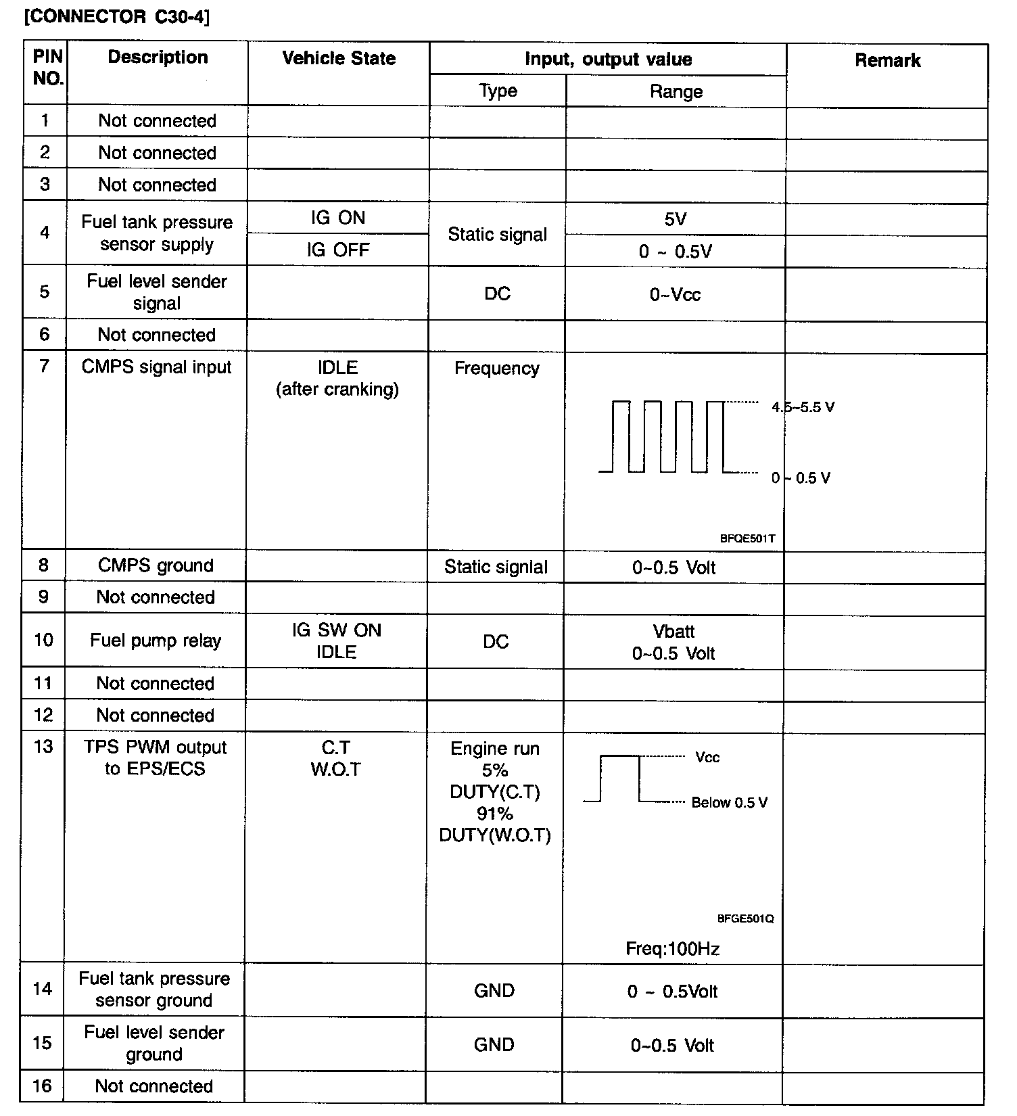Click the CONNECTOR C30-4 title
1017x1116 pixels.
(117, 17)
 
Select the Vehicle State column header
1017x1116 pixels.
(339, 58)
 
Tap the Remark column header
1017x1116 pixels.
(887, 60)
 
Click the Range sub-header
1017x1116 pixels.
(676, 92)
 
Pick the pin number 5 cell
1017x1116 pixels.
(45, 292)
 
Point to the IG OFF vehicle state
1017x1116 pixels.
(338, 250)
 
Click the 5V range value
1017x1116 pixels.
(676, 219)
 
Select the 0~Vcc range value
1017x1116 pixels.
(675, 294)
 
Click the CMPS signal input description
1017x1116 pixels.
(156, 367)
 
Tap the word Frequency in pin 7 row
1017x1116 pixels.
(497, 369)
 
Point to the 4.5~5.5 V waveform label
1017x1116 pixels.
(803, 407)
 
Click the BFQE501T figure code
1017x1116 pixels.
(747, 539)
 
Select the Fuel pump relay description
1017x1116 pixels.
(156, 641)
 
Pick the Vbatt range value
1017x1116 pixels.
(673, 631)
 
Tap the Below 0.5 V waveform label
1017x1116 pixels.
(729, 803)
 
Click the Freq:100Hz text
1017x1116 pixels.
(672, 949)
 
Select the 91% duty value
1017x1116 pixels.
(495, 814)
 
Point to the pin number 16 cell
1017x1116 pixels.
(42, 1086)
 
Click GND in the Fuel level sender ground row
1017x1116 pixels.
(494, 1045)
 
